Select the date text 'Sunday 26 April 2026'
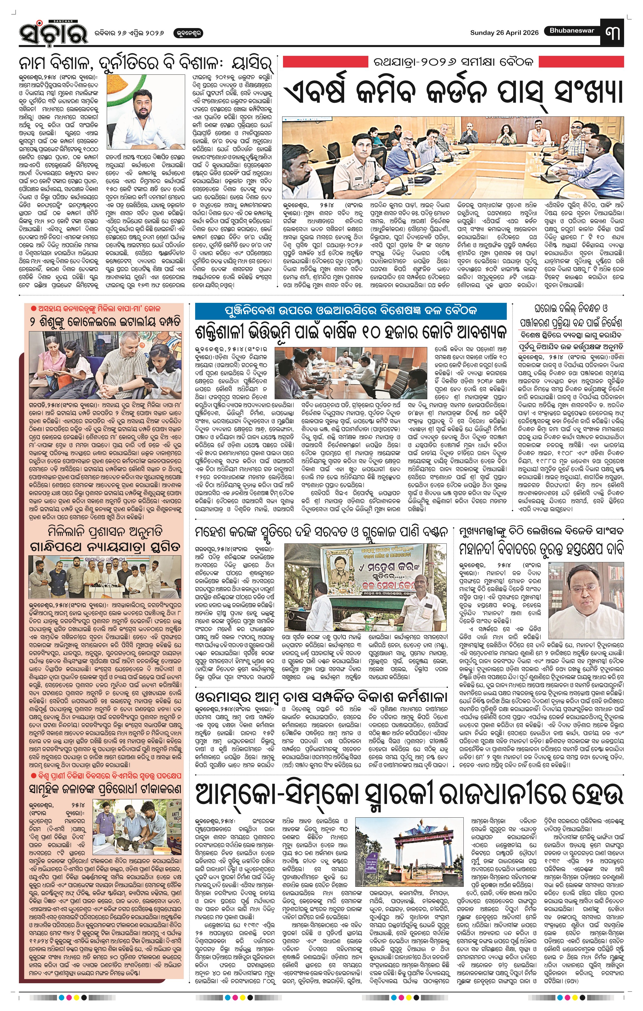504,33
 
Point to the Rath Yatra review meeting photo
453,158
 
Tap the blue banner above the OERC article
350,311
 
